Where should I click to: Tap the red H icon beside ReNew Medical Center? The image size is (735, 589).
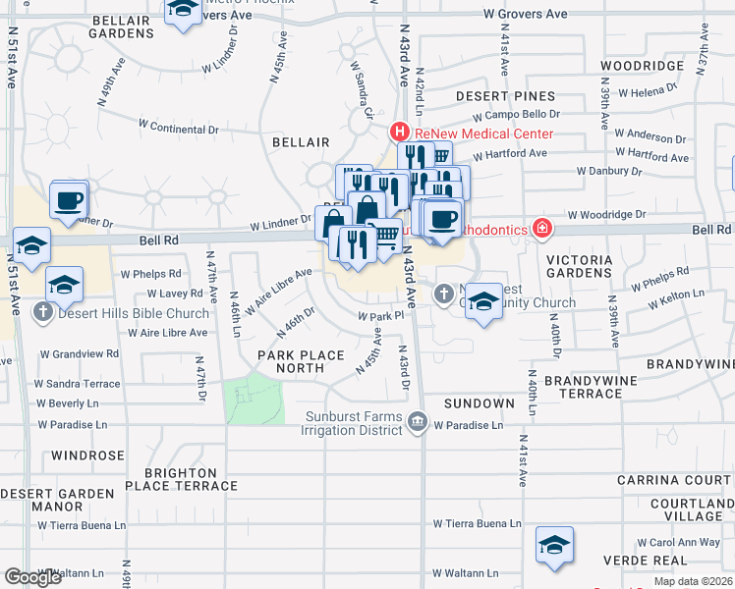click(400, 132)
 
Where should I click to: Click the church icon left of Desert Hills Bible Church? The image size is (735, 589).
click(42, 313)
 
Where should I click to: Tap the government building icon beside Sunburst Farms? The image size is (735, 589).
click(418, 423)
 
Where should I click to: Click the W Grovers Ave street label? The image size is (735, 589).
click(526, 15)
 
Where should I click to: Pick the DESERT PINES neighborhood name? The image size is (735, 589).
click(505, 97)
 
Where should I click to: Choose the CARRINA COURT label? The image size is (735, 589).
click(674, 480)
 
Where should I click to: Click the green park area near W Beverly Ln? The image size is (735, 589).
click(254, 399)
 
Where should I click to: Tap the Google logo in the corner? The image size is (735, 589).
click(32, 577)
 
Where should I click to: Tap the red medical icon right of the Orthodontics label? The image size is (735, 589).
click(540, 230)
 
